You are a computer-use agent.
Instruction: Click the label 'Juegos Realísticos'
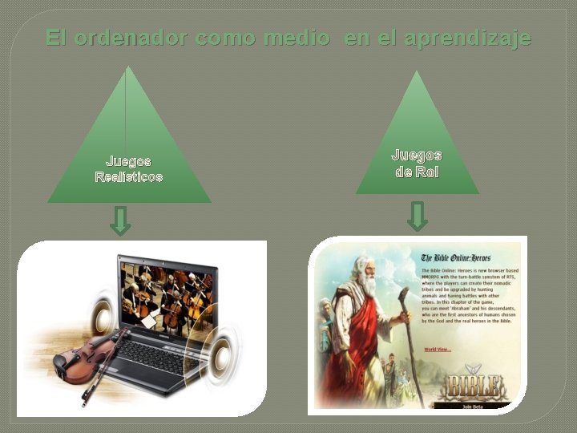[128, 168]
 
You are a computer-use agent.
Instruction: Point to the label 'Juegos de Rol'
[416, 163]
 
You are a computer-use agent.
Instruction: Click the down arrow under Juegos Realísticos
[120, 221]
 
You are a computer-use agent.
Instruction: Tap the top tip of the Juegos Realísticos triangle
[127, 67]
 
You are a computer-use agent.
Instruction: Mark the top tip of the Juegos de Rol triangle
[416, 72]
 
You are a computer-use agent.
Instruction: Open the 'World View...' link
[438, 349]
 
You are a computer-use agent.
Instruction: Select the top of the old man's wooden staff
[403, 293]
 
